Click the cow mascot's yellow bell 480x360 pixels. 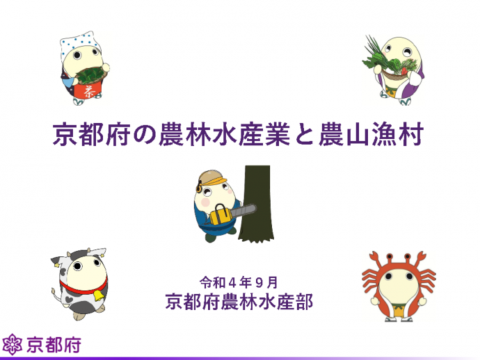coord(98,295)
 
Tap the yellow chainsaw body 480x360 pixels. coord(220,215)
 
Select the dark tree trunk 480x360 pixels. coord(256,204)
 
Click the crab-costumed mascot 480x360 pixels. coord(399,286)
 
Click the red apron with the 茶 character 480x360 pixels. coord(89,90)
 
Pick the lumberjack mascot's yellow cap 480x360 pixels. coord(211,177)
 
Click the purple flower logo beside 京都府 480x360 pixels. coord(12,345)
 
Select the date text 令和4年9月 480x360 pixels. coord(239,283)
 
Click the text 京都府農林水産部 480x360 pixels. coord(239,302)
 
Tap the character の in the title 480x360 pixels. coord(145,135)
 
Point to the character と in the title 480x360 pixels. coord(304,135)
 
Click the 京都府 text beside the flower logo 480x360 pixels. coord(54,345)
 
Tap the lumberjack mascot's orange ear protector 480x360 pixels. coord(199,187)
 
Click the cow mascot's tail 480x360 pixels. coord(56,295)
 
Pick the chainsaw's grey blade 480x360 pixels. coord(243,211)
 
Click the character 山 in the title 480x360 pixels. coord(358,135)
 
